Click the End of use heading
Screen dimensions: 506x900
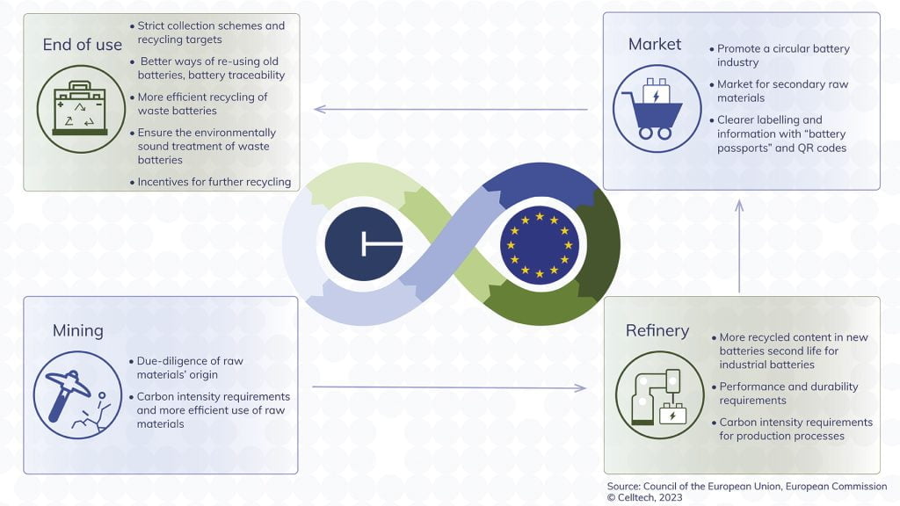[x=83, y=45]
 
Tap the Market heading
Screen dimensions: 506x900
[x=655, y=44]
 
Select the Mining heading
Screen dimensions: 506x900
[x=77, y=330]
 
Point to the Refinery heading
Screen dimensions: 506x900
[x=657, y=330]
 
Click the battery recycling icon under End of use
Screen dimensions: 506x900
[x=82, y=109]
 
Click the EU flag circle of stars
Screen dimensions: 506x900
[x=538, y=243]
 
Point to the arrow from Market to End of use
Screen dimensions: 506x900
[x=450, y=110]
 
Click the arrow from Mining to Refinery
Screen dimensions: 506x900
[x=450, y=387]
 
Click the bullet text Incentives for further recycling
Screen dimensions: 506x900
[x=214, y=183]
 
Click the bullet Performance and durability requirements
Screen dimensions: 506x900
[x=788, y=394]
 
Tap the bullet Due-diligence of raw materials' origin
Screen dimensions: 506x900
[x=190, y=368]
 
